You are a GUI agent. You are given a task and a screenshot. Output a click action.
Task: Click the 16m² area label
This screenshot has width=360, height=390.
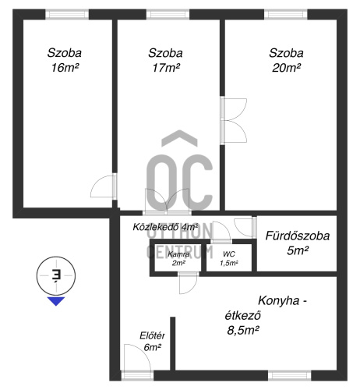65,68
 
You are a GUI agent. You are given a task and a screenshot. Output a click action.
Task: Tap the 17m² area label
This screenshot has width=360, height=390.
166,68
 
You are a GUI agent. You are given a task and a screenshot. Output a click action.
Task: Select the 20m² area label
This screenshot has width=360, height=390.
286,68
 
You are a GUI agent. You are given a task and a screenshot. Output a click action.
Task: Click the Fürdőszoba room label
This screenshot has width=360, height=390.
298,236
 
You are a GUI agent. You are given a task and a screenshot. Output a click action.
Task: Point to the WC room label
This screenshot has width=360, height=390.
229,254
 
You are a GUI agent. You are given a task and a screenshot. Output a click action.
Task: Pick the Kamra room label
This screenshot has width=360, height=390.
178,254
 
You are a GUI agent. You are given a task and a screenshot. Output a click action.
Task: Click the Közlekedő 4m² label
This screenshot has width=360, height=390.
165,227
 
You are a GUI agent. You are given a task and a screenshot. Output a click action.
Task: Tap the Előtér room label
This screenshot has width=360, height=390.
152,335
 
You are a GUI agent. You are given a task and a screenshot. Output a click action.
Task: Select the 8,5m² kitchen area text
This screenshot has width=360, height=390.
243,331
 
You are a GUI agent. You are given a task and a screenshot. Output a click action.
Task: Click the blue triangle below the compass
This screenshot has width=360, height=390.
56,301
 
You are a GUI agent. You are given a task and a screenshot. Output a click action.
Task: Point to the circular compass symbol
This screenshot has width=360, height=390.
56,275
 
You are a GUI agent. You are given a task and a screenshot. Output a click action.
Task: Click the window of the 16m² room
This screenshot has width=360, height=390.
67,14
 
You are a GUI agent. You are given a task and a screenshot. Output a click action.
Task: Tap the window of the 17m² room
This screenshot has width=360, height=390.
168,14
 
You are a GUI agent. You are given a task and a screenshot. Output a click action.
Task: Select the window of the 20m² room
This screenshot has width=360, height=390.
286,14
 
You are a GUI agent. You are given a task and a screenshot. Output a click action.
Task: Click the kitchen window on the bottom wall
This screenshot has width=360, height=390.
290,376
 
